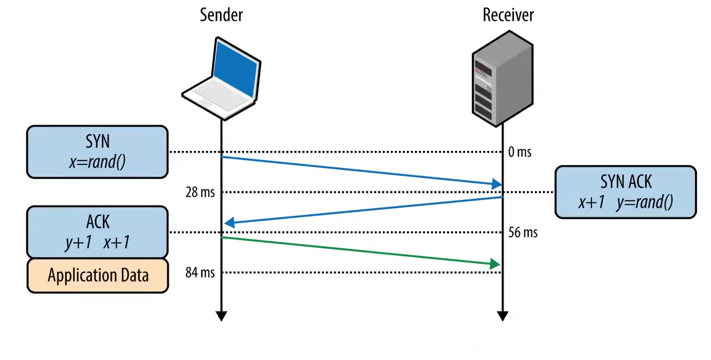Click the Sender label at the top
pyautogui.click(x=221, y=15)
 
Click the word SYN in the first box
pyautogui.click(x=98, y=142)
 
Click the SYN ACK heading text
pyautogui.click(x=625, y=182)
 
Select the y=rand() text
pyautogui.click(x=647, y=202)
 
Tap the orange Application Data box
pyautogui.click(x=98, y=275)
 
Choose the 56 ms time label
pyautogui.click(x=523, y=233)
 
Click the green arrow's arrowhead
pyautogui.click(x=495, y=264)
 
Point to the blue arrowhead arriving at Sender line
pyautogui.click(x=229, y=223)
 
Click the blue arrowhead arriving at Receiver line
pyautogui.click(x=496, y=183)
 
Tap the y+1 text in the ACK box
pyautogui.click(x=78, y=242)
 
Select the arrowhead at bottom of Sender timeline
pyautogui.click(x=221, y=316)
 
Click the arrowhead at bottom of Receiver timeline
pyautogui.click(x=502, y=316)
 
